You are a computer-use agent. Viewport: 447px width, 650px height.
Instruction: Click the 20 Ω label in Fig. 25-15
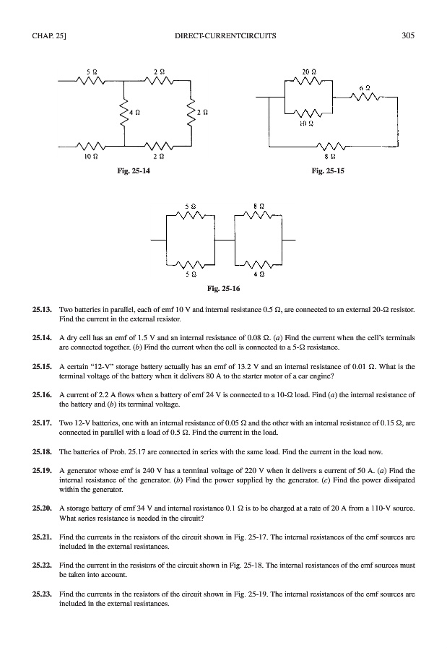click(310, 72)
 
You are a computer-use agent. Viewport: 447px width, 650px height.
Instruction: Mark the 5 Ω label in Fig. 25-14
click(91, 72)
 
